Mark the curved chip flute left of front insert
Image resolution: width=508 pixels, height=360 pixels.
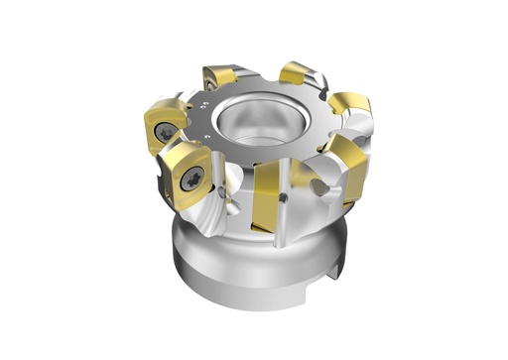(223, 203)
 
